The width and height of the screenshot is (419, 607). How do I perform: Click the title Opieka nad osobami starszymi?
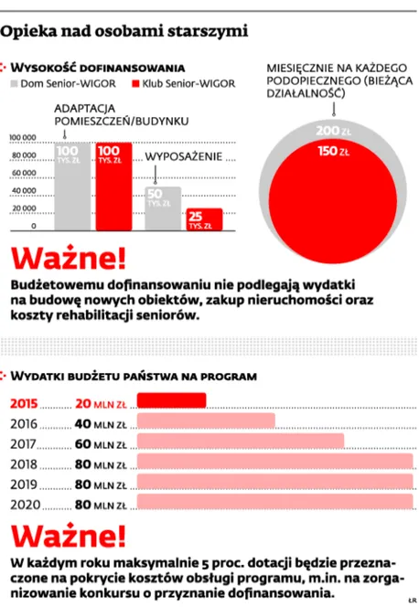[125, 33]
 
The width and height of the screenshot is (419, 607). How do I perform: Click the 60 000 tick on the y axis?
[23, 174]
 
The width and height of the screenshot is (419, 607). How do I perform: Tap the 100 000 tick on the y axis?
[23, 139]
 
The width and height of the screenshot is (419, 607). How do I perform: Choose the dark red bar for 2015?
[170, 400]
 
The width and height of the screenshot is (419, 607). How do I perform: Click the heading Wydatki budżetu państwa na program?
[138, 375]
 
